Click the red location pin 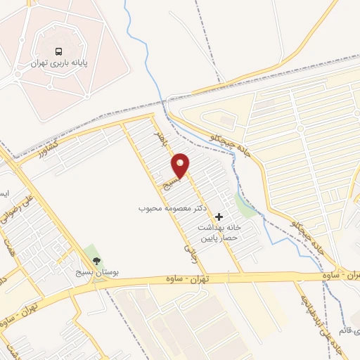point(181,165)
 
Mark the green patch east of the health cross point(245,205)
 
